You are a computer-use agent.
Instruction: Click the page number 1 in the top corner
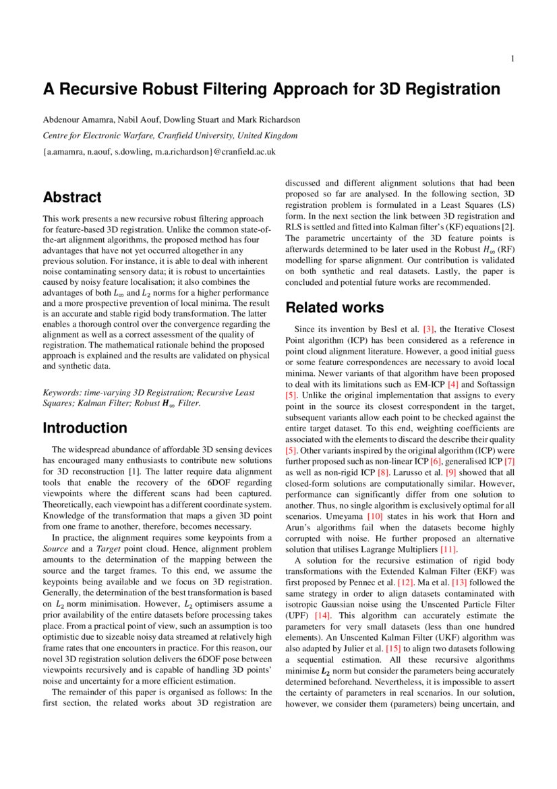512,59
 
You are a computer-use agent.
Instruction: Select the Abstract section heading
72,198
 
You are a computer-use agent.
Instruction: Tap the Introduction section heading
85,428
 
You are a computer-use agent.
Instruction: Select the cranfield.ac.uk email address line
159,153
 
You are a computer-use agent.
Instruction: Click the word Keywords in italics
61,392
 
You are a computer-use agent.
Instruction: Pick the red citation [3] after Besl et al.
428,329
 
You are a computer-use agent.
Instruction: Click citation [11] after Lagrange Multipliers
448,550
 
